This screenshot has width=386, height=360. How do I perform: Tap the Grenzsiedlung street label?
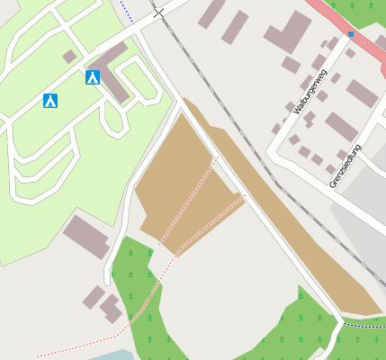pyautogui.click(x=346, y=165)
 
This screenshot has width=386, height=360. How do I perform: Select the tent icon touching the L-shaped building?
pyautogui.click(x=93, y=77)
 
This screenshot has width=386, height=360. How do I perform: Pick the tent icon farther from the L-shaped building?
pyautogui.click(x=50, y=100)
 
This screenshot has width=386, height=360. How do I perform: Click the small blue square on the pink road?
pyautogui.click(x=351, y=34)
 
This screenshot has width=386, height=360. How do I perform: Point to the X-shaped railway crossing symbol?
pyautogui.click(x=159, y=13)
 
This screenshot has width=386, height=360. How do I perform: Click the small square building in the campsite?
pyautogui.click(x=69, y=56)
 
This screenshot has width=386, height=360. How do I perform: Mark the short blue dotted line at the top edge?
pyautogui.click(x=127, y=11)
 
